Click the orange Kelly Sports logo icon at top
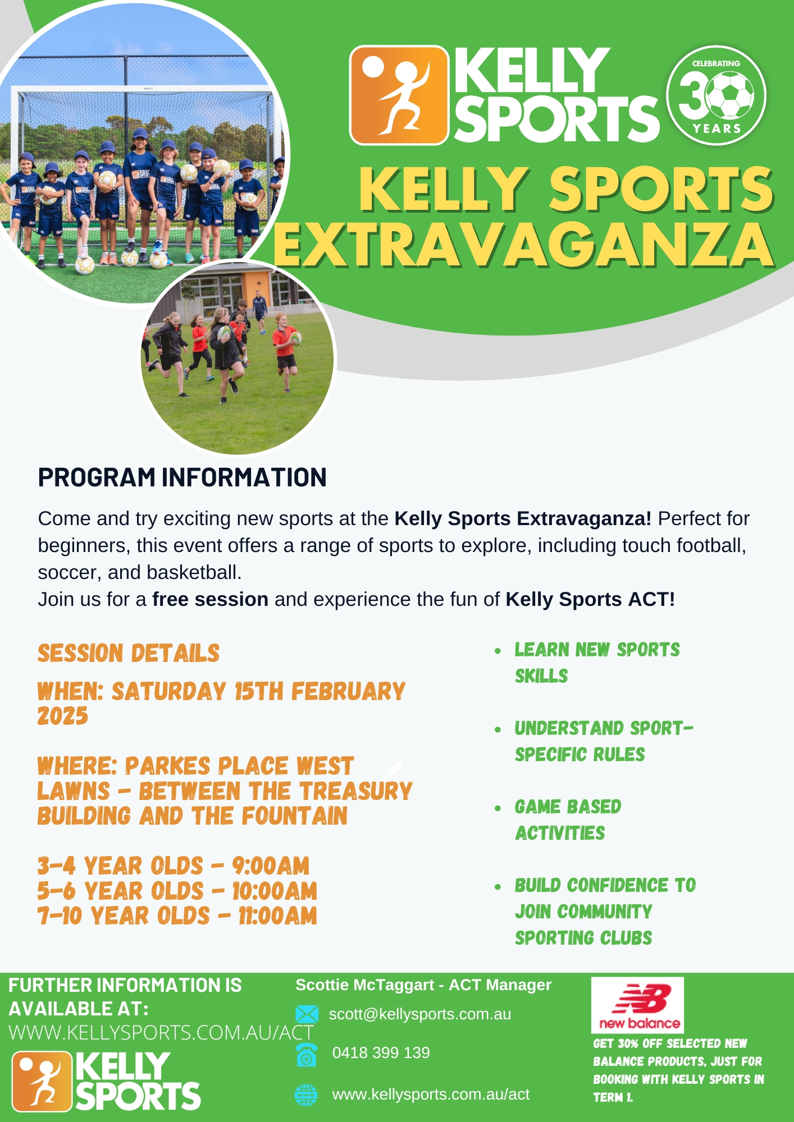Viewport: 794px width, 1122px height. [x=399, y=95]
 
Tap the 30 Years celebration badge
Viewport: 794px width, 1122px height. [x=716, y=95]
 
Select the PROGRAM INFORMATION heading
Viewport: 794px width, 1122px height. [x=182, y=477]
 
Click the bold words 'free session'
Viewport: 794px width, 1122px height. [x=210, y=599]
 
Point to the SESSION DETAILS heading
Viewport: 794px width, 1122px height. [x=129, y=653]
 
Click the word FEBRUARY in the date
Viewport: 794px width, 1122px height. [x=348, y=691]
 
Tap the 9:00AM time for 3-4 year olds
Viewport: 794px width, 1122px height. [x=271, y=866]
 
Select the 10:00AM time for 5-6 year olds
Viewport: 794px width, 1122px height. [x=275, y=891]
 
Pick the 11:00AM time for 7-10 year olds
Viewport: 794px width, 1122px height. [x=277, y=916]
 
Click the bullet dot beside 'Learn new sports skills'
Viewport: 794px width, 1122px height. [x=498, y=651]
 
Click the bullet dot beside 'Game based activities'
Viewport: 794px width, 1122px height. [x=498, y=808]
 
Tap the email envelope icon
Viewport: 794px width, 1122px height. [x=307, y=1014]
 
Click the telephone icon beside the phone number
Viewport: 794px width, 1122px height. [x=307, y=1055]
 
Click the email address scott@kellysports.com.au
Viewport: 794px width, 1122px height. [x=420, y=1014]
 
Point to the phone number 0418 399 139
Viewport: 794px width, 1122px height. [x=381, y=1052]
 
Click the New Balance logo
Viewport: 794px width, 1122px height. [x=637, y=1005]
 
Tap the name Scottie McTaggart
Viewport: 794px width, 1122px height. [x=365, y=985]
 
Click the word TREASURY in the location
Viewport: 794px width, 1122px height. [x=356, y=791]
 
